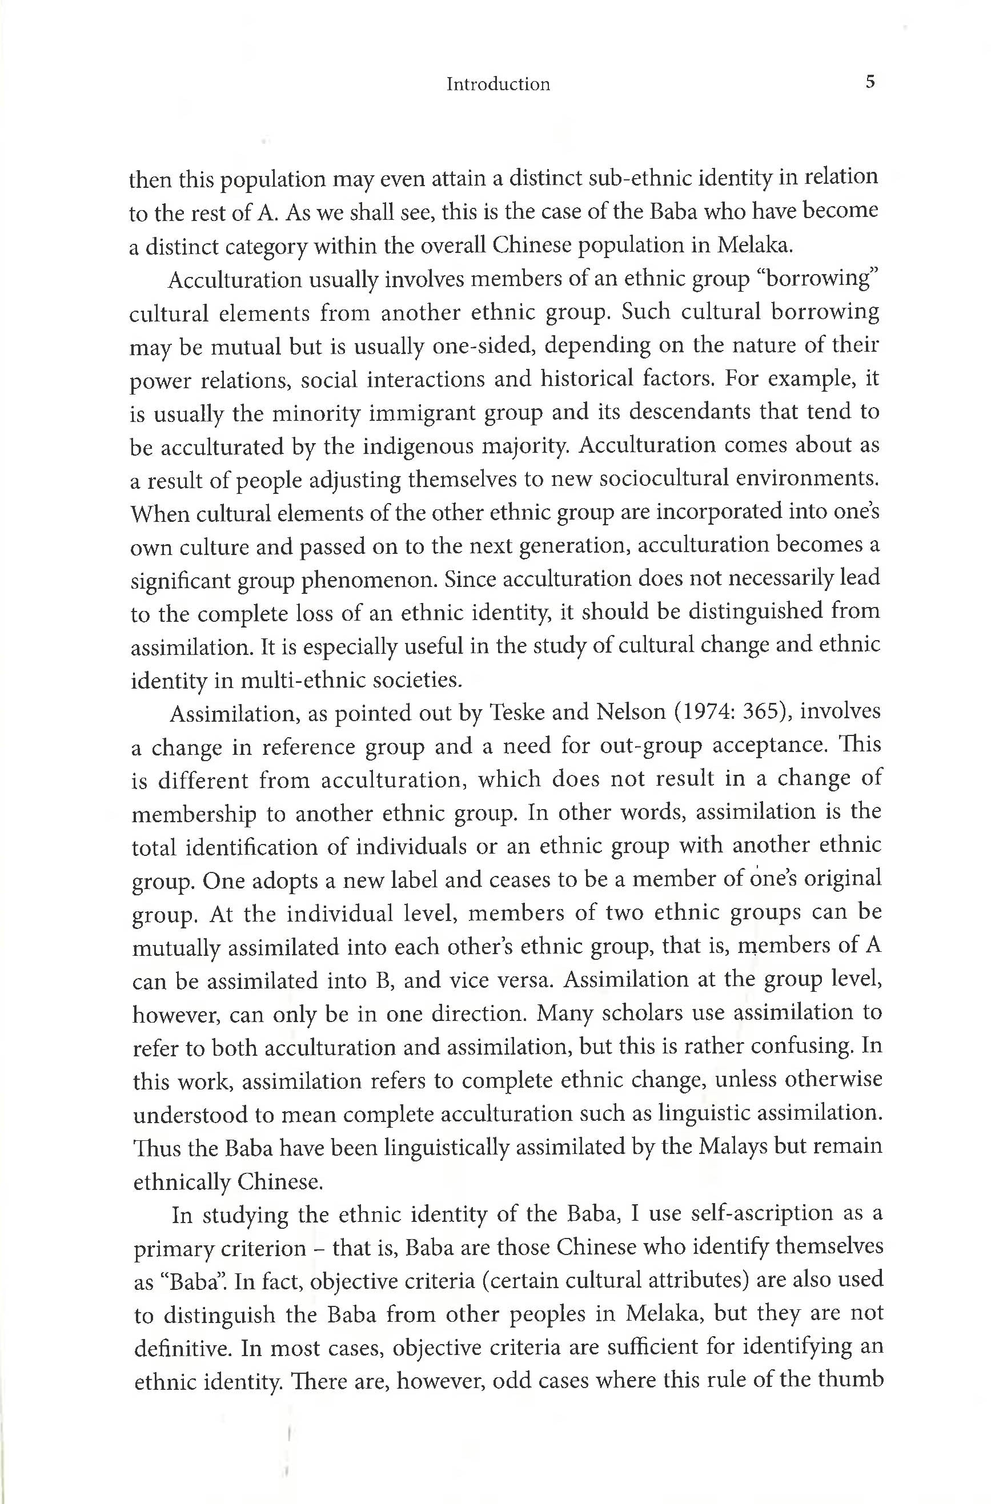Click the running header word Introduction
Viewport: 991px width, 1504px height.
pos(497,84)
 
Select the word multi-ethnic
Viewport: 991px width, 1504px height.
pos(298,680)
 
